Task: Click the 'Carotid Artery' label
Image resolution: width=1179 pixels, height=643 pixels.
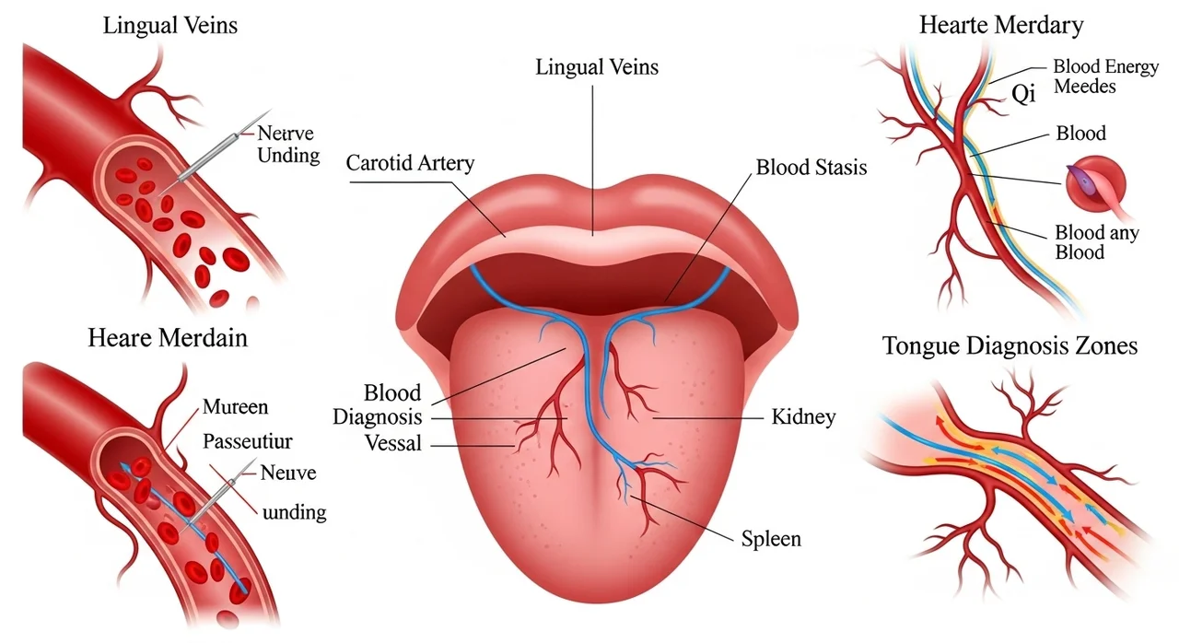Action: pyautogui.click(x=410, y=163)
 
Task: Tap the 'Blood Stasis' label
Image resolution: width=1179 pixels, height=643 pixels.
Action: pyautogui.click(x=811, y=168)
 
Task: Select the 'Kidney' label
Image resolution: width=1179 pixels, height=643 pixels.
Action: pyautogui.click(x=804, y=417)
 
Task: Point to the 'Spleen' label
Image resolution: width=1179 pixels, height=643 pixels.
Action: pyautogui.click(x=771, y=539)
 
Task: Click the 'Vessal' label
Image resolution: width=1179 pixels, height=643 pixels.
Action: pyautogui.click(x=393, y=443)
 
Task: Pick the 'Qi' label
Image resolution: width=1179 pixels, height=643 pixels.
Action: pyautogui.click(x=1023, y=95)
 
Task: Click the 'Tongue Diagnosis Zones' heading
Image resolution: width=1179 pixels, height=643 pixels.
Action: pyautogui.click(x=1010, y=346)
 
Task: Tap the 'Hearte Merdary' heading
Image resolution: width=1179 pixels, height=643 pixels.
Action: pyautogui.click(x=1001, y=25)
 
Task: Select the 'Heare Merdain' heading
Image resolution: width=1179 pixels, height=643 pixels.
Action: pyautogui.click(x=168, y=338)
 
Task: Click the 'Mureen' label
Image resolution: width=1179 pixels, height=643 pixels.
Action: pyautogui.click(x=235, y=407)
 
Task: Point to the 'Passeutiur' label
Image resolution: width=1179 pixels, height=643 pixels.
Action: pyautogui.click(x=248, y=441)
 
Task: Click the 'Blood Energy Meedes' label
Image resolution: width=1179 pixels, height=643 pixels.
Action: pyautogui.click(x=1105, y=76)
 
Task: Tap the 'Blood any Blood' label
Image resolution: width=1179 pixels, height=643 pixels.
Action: pyautogui.click(x=1096, y=242)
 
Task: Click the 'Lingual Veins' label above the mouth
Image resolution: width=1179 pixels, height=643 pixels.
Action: pyautogui.click(x=597, y=68)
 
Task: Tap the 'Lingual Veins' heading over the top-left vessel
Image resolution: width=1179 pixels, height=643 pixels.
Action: pyautogui.click(x=170, y=26)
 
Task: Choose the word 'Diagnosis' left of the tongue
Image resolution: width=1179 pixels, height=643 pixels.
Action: pyautogui.click(x=378, y=417)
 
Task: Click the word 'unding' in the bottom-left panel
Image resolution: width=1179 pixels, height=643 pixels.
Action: pyautogui.click(x=294, y=512)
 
